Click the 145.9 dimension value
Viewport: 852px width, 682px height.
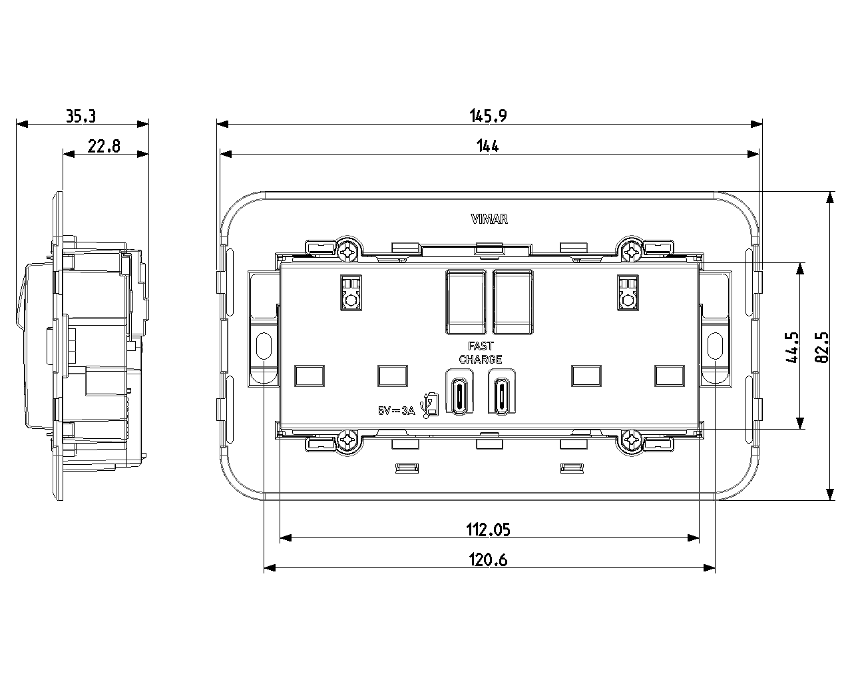point(488,116)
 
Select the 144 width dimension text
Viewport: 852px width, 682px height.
point(487,146)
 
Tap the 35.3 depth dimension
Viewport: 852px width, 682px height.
point(81,116)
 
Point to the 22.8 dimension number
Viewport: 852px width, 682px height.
point(104,147)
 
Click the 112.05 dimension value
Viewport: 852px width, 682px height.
point(488,530)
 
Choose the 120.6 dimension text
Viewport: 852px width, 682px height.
point(488,560)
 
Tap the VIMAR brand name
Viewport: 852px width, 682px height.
point(489,219)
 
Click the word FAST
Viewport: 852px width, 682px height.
point(481,346)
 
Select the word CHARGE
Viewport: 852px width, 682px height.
point(481,360)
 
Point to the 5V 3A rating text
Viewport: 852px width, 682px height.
point(396,411)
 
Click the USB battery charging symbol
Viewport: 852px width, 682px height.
point(430,406)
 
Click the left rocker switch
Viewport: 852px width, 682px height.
point(466,302)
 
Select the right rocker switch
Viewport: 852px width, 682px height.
point(513,302)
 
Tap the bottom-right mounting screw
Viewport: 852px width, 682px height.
point(631,439)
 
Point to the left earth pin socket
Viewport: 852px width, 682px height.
point(351,292)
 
